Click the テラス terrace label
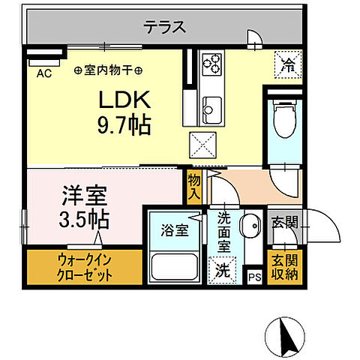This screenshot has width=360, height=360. pyautogui.click(x=164, y=28)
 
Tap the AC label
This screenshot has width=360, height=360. pyautogui.click(x=43, y=73)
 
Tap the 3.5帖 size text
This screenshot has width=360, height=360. pyautogui.click(x=84, y=220)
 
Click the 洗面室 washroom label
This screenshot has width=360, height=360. pyautogui.click(x=225, y=232)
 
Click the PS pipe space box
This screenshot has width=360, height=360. pyautogui.click(x=254, y=277)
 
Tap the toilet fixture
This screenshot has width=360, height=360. pyautogui.click(x=284, y=121)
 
